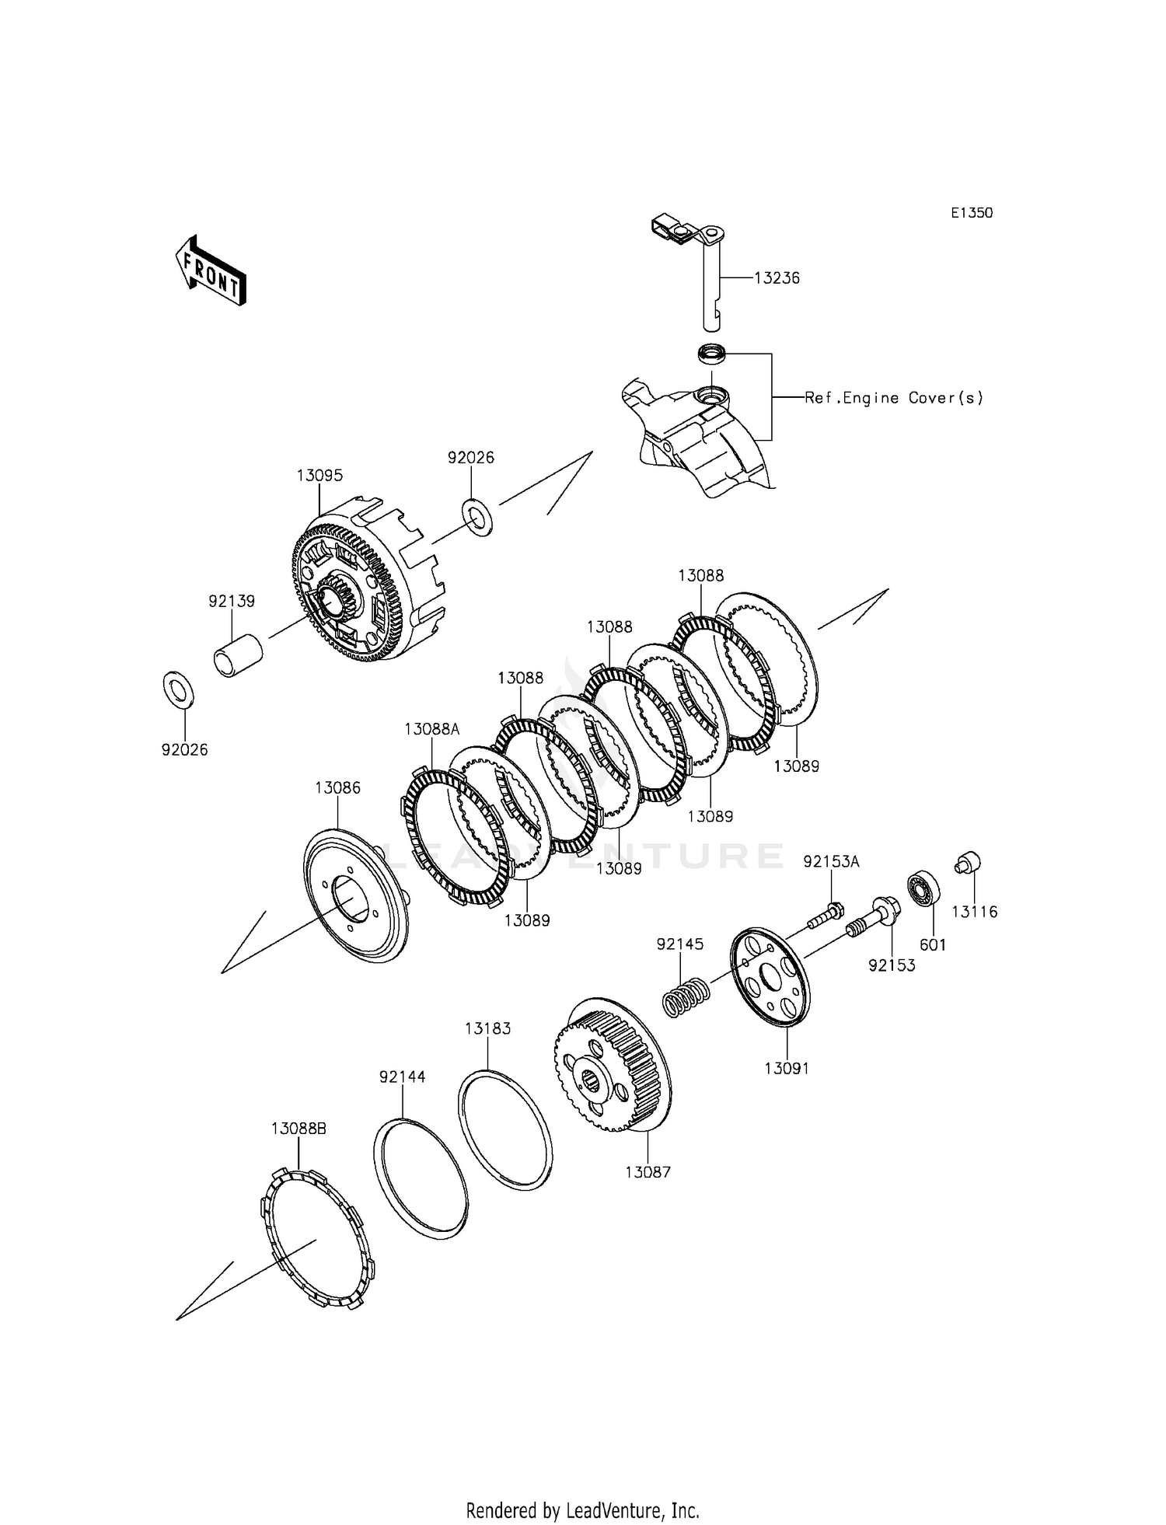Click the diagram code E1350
pyautogui.click(x=972, y=213)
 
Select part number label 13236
pyautogui.click(x=777, y=277)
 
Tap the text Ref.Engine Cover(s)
pyautogui.click(x=894, y=398)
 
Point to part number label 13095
pyautogui.click(x=319, y=475)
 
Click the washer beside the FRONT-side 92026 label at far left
pyautogui.click(x=179, y=689)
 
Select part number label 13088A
pyautogui.click(x=432, y=729)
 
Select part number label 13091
pyautogui.click(x=787, y=1068)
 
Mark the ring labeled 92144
pyautogui.click(x=421, y=1178)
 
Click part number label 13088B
pyautogui.click(x=298, y=1129)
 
